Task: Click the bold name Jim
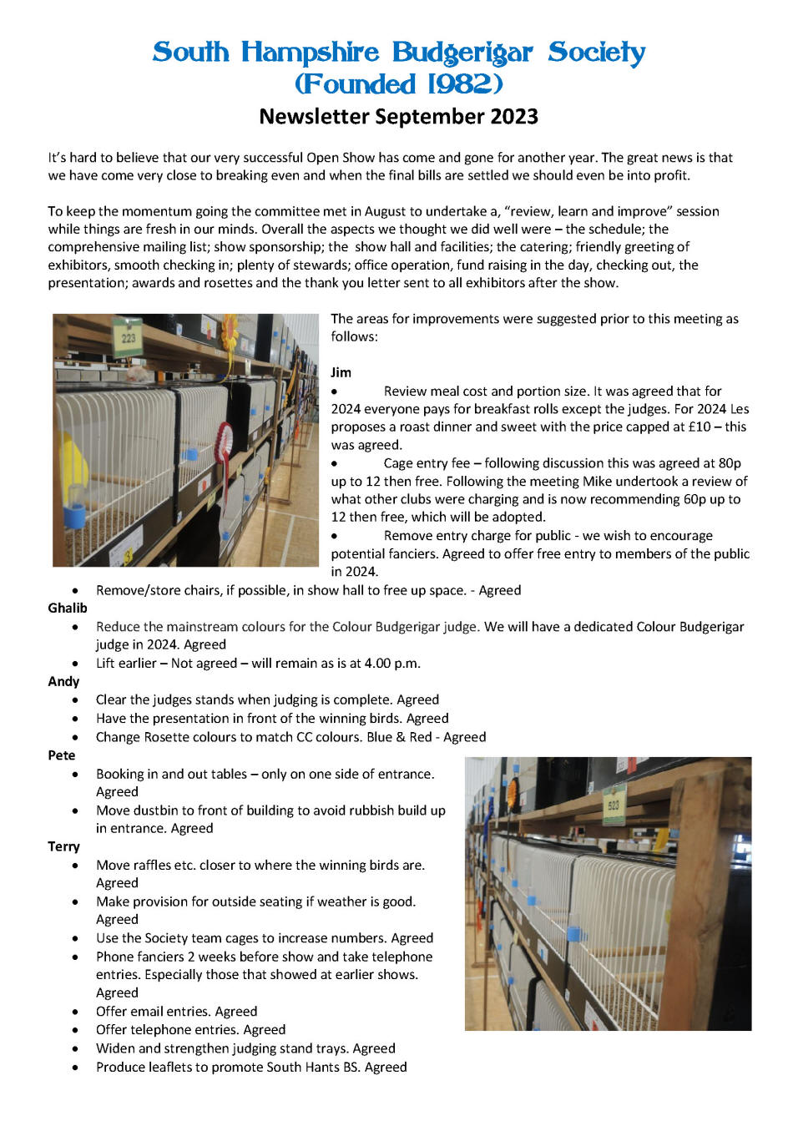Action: coord(341,372)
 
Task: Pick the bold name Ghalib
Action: coord(67,608)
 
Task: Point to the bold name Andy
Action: coord(63,681)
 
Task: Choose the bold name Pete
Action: coord(61,755)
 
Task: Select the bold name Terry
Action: coord(63,846)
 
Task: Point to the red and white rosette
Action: coord(224,438)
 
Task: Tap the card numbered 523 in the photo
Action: coord(614,804)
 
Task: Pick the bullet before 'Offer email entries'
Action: coord(76,1012)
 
